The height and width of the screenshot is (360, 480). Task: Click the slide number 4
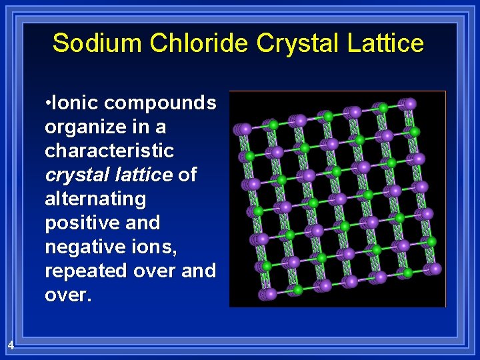coord(11,345)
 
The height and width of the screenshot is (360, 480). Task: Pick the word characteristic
coord(109,151)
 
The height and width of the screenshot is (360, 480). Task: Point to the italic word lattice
coord(143,175)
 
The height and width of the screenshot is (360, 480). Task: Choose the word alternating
coord(95,199)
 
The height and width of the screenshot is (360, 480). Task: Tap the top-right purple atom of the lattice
coord(410,104)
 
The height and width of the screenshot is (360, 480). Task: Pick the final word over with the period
coord(67,295)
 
